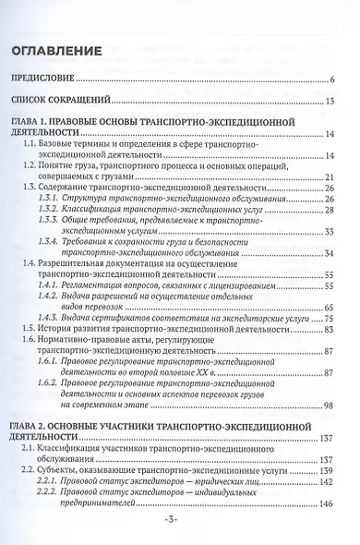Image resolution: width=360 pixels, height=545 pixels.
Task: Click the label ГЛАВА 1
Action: (x=37, y=121)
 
